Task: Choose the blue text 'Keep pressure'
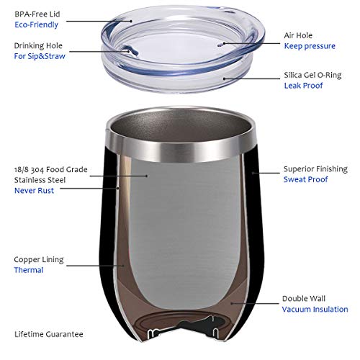(310, 46)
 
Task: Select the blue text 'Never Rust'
(35, 191)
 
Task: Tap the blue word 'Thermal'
(30, 270)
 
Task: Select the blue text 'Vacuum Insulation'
(315, 309)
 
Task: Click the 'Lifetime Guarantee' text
(49, 334)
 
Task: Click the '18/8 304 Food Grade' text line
(51, 169)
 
